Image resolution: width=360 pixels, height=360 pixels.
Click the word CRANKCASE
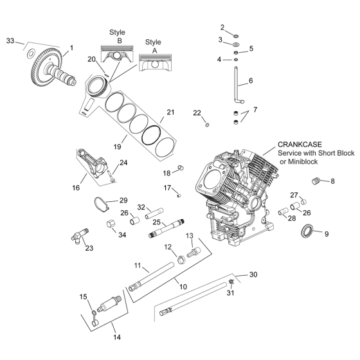(300, 145)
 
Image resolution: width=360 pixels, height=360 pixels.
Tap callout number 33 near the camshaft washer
(10, 41)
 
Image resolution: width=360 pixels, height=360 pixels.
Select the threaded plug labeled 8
(316, 181)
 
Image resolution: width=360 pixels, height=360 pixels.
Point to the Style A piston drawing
(155, 63)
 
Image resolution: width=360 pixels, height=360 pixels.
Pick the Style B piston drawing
(117, 54)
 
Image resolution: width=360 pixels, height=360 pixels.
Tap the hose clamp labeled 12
(181, 259)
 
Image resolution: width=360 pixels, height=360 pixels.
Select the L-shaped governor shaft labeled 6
(237, 85)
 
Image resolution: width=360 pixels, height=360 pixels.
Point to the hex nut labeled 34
(111, 224)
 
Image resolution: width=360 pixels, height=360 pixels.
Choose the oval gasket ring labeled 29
(101, 204)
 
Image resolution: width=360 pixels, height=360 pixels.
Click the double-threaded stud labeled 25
(166, 229)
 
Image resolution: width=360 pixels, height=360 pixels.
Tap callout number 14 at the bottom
(117, 337)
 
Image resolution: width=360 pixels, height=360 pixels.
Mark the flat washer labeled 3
(236, 44)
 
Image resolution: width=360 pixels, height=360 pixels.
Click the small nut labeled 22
(207, 125)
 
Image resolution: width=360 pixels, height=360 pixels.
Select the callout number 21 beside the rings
(170, 112)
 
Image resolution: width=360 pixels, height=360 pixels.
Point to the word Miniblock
(302, 161)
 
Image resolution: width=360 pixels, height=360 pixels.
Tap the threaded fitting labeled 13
(194, 252)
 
